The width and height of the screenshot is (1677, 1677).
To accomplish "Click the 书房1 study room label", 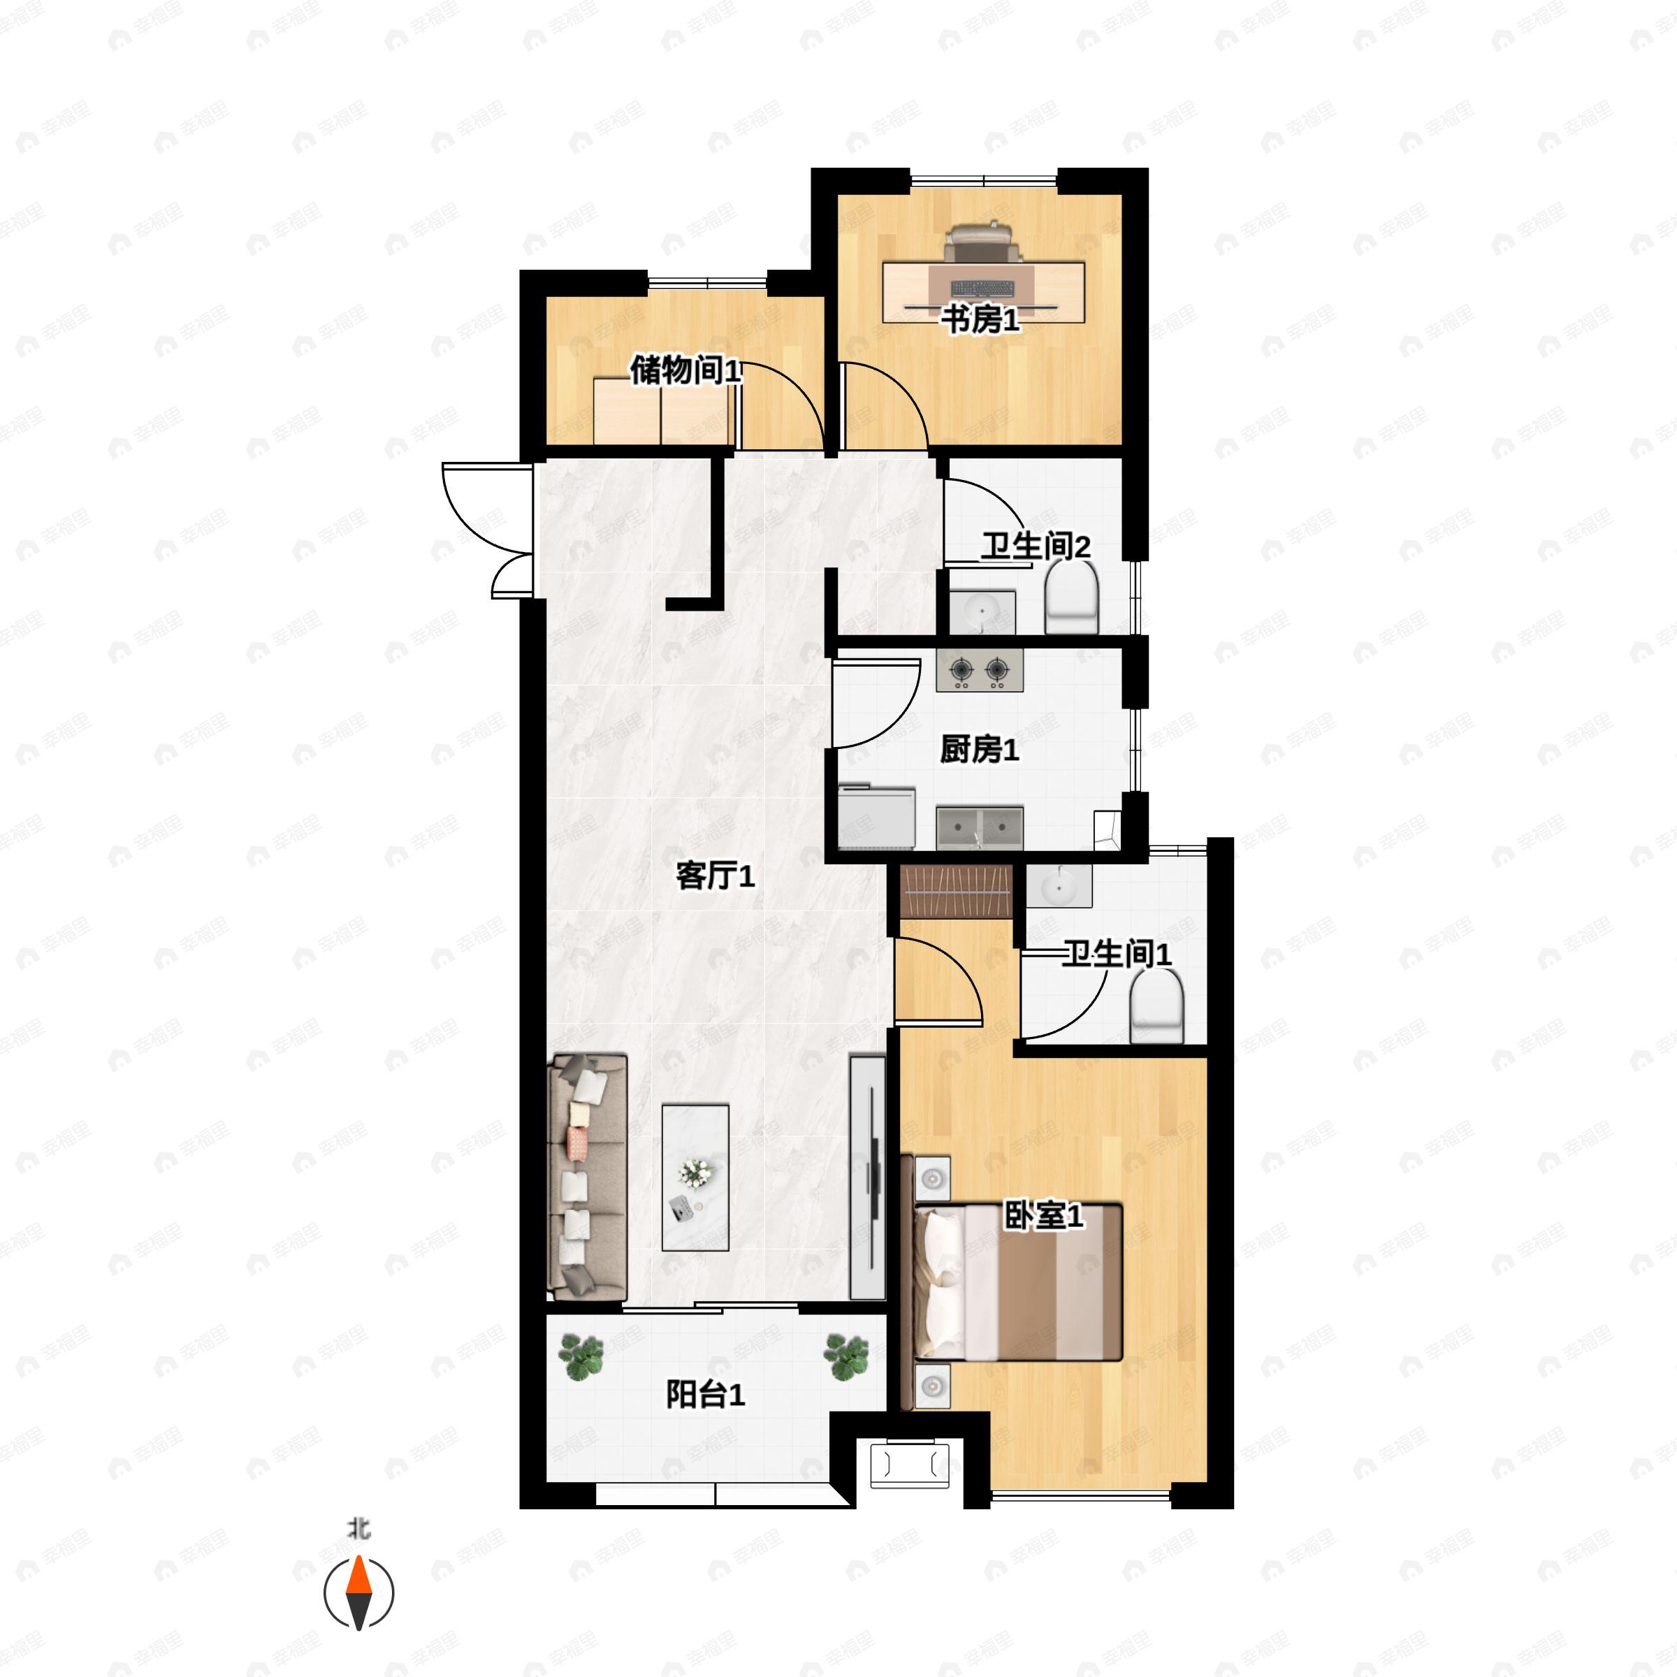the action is [x=980, y=320].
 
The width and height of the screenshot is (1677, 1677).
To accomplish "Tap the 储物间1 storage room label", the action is [x=685, y=370].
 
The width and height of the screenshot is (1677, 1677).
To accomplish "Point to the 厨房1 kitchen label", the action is [x=979, y=749].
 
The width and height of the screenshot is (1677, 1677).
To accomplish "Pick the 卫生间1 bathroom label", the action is [x=1117, y=954].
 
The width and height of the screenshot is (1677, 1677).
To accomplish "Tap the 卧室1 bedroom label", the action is [x=1043, y=1216].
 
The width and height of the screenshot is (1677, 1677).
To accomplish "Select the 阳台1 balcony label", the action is [x=706, y=1395].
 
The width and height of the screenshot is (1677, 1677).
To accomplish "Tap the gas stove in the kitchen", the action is [x=979, y=669].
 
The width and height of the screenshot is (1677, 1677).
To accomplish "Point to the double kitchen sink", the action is [x=980, y=827].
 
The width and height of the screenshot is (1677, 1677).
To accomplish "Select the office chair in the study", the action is [x=982, y=243].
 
